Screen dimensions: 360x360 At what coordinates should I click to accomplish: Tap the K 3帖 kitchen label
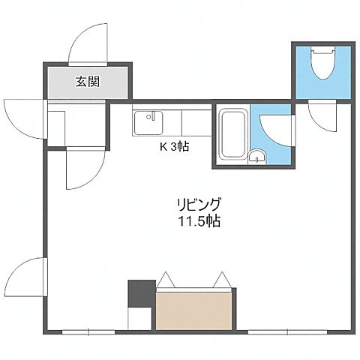(x=173, y=147)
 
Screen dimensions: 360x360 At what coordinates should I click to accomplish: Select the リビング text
(x=199, y=204)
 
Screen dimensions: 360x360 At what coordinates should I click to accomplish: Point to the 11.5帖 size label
(x=199, y=221)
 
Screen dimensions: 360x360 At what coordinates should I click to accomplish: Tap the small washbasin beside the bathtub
(x=257, y=156)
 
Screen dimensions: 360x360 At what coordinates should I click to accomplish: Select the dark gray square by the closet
(x=140, y=292)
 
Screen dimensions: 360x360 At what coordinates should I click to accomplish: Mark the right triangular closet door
(x=222, y=280)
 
